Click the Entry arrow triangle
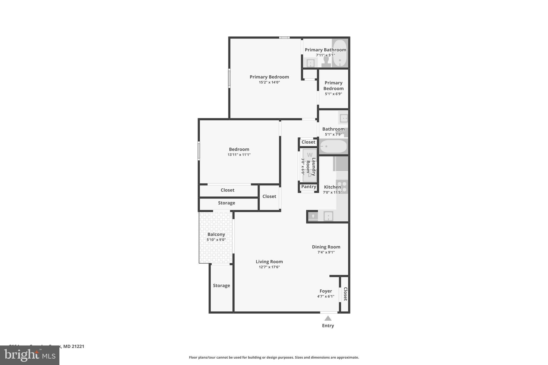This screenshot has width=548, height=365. click(x=328, y=318)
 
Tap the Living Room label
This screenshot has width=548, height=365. click(x=269, y=262)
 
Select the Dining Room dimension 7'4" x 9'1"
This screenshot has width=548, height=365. click(x=326, y=252)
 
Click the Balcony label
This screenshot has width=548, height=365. click(x=216, y=235)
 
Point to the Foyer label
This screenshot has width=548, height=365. click(x=326, y=291)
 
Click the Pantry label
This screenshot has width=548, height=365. click(x=309, y=187)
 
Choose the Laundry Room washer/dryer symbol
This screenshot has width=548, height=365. click(x=310, y=165)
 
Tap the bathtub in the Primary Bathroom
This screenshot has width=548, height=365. click(x=340, y=53)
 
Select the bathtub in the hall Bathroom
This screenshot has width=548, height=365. click(x=333, y=147)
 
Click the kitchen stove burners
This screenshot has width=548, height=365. click(x=342, y=186)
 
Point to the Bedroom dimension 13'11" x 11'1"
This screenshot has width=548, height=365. click(x=239, y=155)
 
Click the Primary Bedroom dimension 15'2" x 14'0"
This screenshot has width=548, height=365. click(x=269, y=82)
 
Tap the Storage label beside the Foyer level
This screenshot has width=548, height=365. click(x=221, y=286)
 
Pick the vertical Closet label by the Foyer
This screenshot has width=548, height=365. click(x=345, y=294)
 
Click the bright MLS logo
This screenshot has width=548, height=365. click(x=30, y=355)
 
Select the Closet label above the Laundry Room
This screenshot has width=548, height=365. click(x=308, y=142)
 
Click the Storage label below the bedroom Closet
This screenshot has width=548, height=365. click(x=226, y=203)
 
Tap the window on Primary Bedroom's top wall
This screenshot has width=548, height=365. click(x=284, y=38)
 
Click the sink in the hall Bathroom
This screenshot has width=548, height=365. click(x=343, y=118)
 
